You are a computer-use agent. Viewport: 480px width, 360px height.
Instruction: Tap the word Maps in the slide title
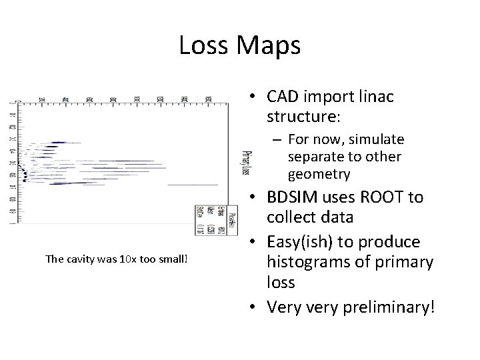point(270,46)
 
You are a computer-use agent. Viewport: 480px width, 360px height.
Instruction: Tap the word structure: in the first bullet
point(304,118)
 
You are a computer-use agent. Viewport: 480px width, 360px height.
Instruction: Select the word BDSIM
point(296,198)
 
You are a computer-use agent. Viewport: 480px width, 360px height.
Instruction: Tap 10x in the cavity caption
point(121,259)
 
